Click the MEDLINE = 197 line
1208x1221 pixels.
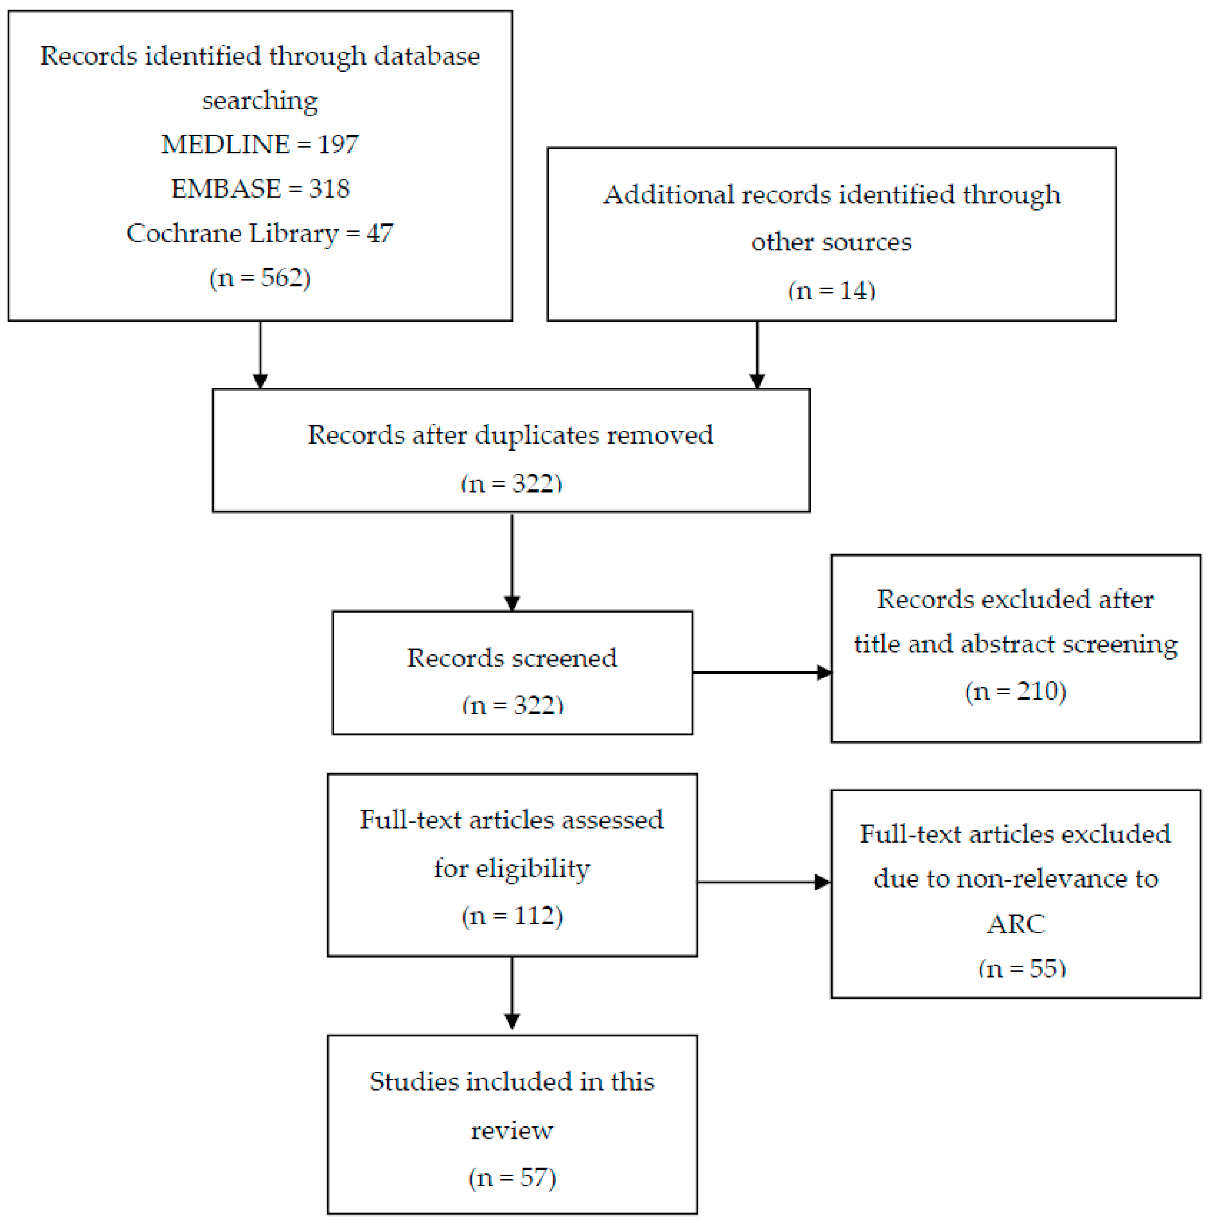click(260, 144)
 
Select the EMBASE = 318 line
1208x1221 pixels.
click(260, 188)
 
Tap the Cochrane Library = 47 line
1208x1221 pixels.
click(260, 232)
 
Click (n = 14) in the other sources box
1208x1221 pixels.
click(831, 290)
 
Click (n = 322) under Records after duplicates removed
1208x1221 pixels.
click(511, 483)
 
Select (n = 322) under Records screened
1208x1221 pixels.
click(512, 704)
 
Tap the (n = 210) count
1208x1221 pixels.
click(1015, 690)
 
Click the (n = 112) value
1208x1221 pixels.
click(512, 915)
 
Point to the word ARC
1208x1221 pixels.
click(1015, 924)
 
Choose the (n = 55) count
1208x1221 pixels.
click(1022, 967)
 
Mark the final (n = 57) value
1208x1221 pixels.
click(512, 1178)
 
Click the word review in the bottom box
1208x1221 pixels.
click(512, 1130)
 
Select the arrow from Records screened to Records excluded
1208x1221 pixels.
click(762, 672)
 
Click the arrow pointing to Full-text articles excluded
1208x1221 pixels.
click(763, 882)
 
